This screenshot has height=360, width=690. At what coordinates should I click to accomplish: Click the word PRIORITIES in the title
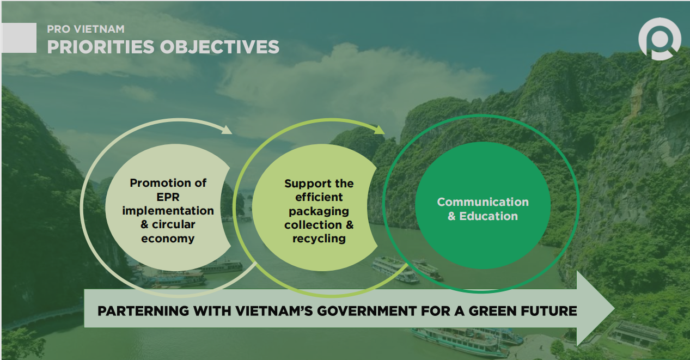click(x=100, y=47)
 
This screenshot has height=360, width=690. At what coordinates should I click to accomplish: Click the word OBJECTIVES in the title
click(x=219, y=47)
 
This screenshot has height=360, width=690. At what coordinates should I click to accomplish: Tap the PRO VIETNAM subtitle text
click(x=86, y=29)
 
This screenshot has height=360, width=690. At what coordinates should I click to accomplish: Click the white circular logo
click(x=660, y=39)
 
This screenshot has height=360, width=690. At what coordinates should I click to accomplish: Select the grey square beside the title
click(x=19, y=38)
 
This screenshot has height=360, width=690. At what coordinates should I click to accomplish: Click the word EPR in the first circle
click(x=168, y=197)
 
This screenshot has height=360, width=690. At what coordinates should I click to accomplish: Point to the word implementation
click(x=168, y=211)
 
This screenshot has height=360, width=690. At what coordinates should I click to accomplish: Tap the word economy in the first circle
click(x=168, y=239)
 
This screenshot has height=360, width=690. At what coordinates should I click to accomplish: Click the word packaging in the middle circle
click(x=319, y=211)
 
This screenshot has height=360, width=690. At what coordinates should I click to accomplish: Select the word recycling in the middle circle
click(x=319, y=239)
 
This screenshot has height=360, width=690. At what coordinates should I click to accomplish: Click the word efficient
click(x=319, y=197)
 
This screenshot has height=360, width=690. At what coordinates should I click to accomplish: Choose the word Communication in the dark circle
click(x=483, y=202)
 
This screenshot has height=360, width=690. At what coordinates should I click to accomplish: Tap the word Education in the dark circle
click(x=489, y=216)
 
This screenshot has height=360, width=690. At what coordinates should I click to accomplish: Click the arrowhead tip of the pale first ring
click(x=231, y=133)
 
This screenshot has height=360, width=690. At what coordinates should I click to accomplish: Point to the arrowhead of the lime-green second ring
click(x=380, y=130)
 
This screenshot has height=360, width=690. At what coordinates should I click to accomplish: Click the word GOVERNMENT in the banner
click(x=367, y=311)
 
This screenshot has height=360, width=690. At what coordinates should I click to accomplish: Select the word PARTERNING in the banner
click(x=143, y=311)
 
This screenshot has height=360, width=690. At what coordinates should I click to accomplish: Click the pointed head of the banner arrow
click(x=614, y=308)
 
